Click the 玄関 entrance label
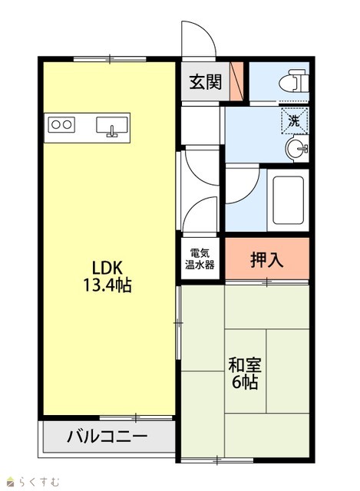click(206, 82)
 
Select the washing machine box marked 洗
click(295, 120)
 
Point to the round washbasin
click(297, 149)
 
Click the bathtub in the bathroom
click(289, 200)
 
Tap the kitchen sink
click(112, 127)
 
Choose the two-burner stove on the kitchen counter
click(61, 124)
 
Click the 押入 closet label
click(267, 259)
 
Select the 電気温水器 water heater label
click(200, 259)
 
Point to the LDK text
click(107, 269)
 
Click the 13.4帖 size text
click(107, 285)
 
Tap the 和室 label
click(245, 365)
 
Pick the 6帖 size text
click(245, 382)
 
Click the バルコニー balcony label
click(107, 437)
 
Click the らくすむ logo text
click(39, 481)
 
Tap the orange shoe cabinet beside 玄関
click(236, 81)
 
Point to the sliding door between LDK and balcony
click(136, 417)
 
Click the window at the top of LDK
click(110, 58)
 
